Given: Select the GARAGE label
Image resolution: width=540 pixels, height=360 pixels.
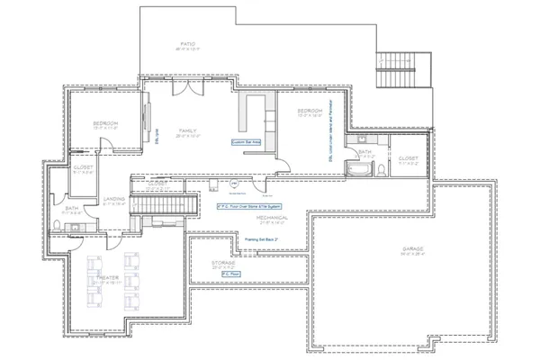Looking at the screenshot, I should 413,247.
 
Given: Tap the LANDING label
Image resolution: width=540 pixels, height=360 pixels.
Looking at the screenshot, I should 114,199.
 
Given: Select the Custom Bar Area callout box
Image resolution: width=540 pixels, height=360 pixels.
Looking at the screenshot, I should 246,141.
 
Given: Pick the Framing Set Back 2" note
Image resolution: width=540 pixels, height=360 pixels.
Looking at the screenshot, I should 265,239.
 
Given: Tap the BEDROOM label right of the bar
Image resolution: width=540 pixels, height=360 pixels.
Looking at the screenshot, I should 310,112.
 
